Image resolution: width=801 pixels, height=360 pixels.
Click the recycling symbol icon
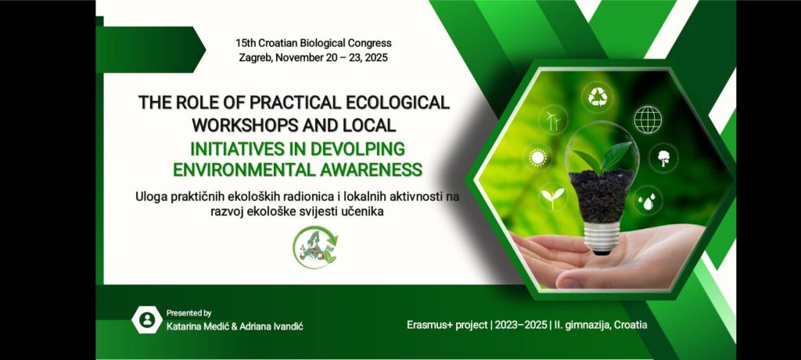tap(597, 97)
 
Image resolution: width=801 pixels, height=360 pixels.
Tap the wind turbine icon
tap(553, 121)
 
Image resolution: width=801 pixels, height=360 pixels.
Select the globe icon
tap(648, 120)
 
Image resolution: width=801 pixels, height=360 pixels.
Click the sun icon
tap(538, 157)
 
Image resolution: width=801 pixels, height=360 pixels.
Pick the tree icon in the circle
tap(663, 158)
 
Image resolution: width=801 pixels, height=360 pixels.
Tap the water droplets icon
tap(648, 200)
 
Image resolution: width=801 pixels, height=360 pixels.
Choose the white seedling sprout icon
tap(552, 197)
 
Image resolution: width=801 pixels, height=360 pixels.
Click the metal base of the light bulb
tap(602, 237)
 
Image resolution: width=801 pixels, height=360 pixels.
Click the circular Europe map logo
tap(315, 247)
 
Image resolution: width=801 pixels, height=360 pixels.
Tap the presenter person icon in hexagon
tap(147, 319)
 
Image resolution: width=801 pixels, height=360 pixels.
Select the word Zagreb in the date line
tap(256, 58)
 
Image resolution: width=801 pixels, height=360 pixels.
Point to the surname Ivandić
tap(288, 326)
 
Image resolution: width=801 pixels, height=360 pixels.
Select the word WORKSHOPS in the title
tap(243, 124)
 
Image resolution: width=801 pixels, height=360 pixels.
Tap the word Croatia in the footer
tap(630, 325)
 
